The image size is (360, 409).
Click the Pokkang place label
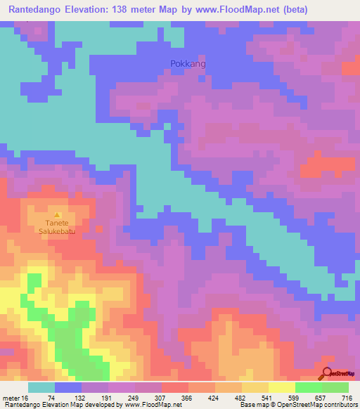pyautogui.click(x=188, y=64)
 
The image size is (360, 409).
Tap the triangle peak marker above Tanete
pyautogui.click(x=58, y=215)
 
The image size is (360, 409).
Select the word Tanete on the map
pyautogui.click(x=58, y=225)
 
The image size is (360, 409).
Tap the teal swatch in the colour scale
pyautogui.click(x=41, y=387)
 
